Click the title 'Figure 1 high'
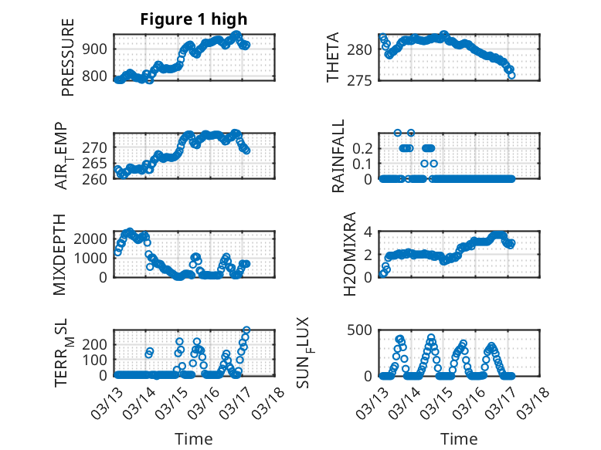tap(194, 20)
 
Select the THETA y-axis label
tap(333, 58)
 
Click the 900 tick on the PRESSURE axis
tap(98, 49)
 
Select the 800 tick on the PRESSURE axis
tap(98, 76)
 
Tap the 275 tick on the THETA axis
tap(364, 80)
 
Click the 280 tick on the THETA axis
tap(364, 49)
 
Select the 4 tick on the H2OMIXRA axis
tap(369, 232)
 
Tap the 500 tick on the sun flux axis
tap(364, 330)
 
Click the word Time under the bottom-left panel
tap(194, 438)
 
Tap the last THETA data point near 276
tap(511, 75)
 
